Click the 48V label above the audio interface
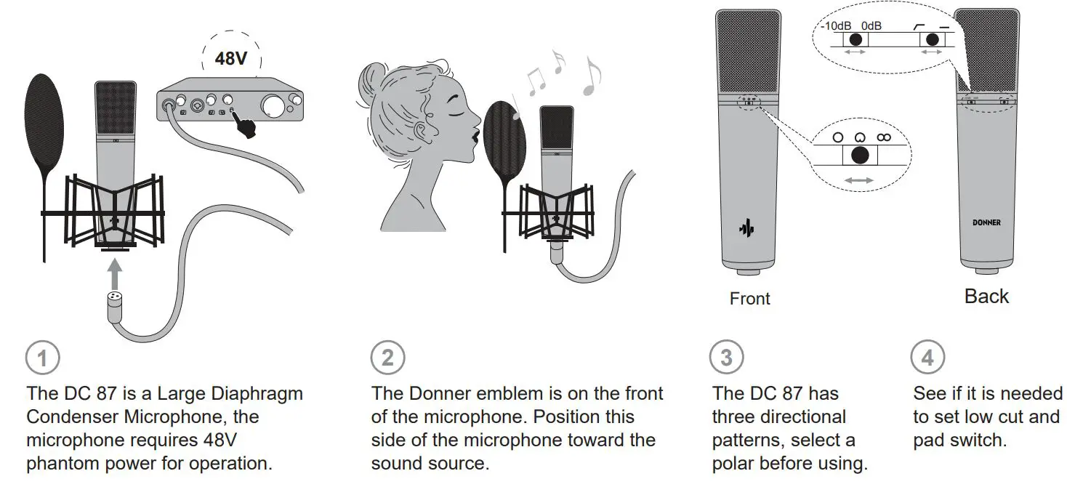tap(231, 58)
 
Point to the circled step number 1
tap(42, 358)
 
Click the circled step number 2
tap(387, 358)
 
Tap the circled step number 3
tap(726, 358)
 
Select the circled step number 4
tap(927, 358)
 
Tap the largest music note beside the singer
tap(592, 79)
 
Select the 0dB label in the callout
tap(871, 26)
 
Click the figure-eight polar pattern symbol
tap(883, 137)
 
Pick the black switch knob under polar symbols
tap(860, 155)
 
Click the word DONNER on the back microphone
tap(986, 222)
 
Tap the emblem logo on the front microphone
tap(745, 228)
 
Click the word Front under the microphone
tap(749, 299)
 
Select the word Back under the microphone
tap(986, 297)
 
